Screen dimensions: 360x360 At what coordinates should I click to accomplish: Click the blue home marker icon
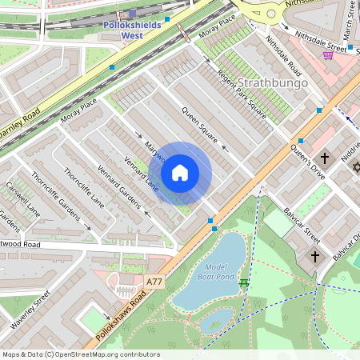180,173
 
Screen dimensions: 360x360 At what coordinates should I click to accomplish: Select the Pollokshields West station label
132,30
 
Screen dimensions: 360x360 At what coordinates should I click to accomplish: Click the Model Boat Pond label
216,272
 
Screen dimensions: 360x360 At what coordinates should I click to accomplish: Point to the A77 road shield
155,282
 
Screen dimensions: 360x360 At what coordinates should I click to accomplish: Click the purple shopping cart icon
328,54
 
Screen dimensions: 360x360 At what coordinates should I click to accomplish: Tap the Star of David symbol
357,168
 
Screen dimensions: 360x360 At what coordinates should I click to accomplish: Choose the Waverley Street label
30,309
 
